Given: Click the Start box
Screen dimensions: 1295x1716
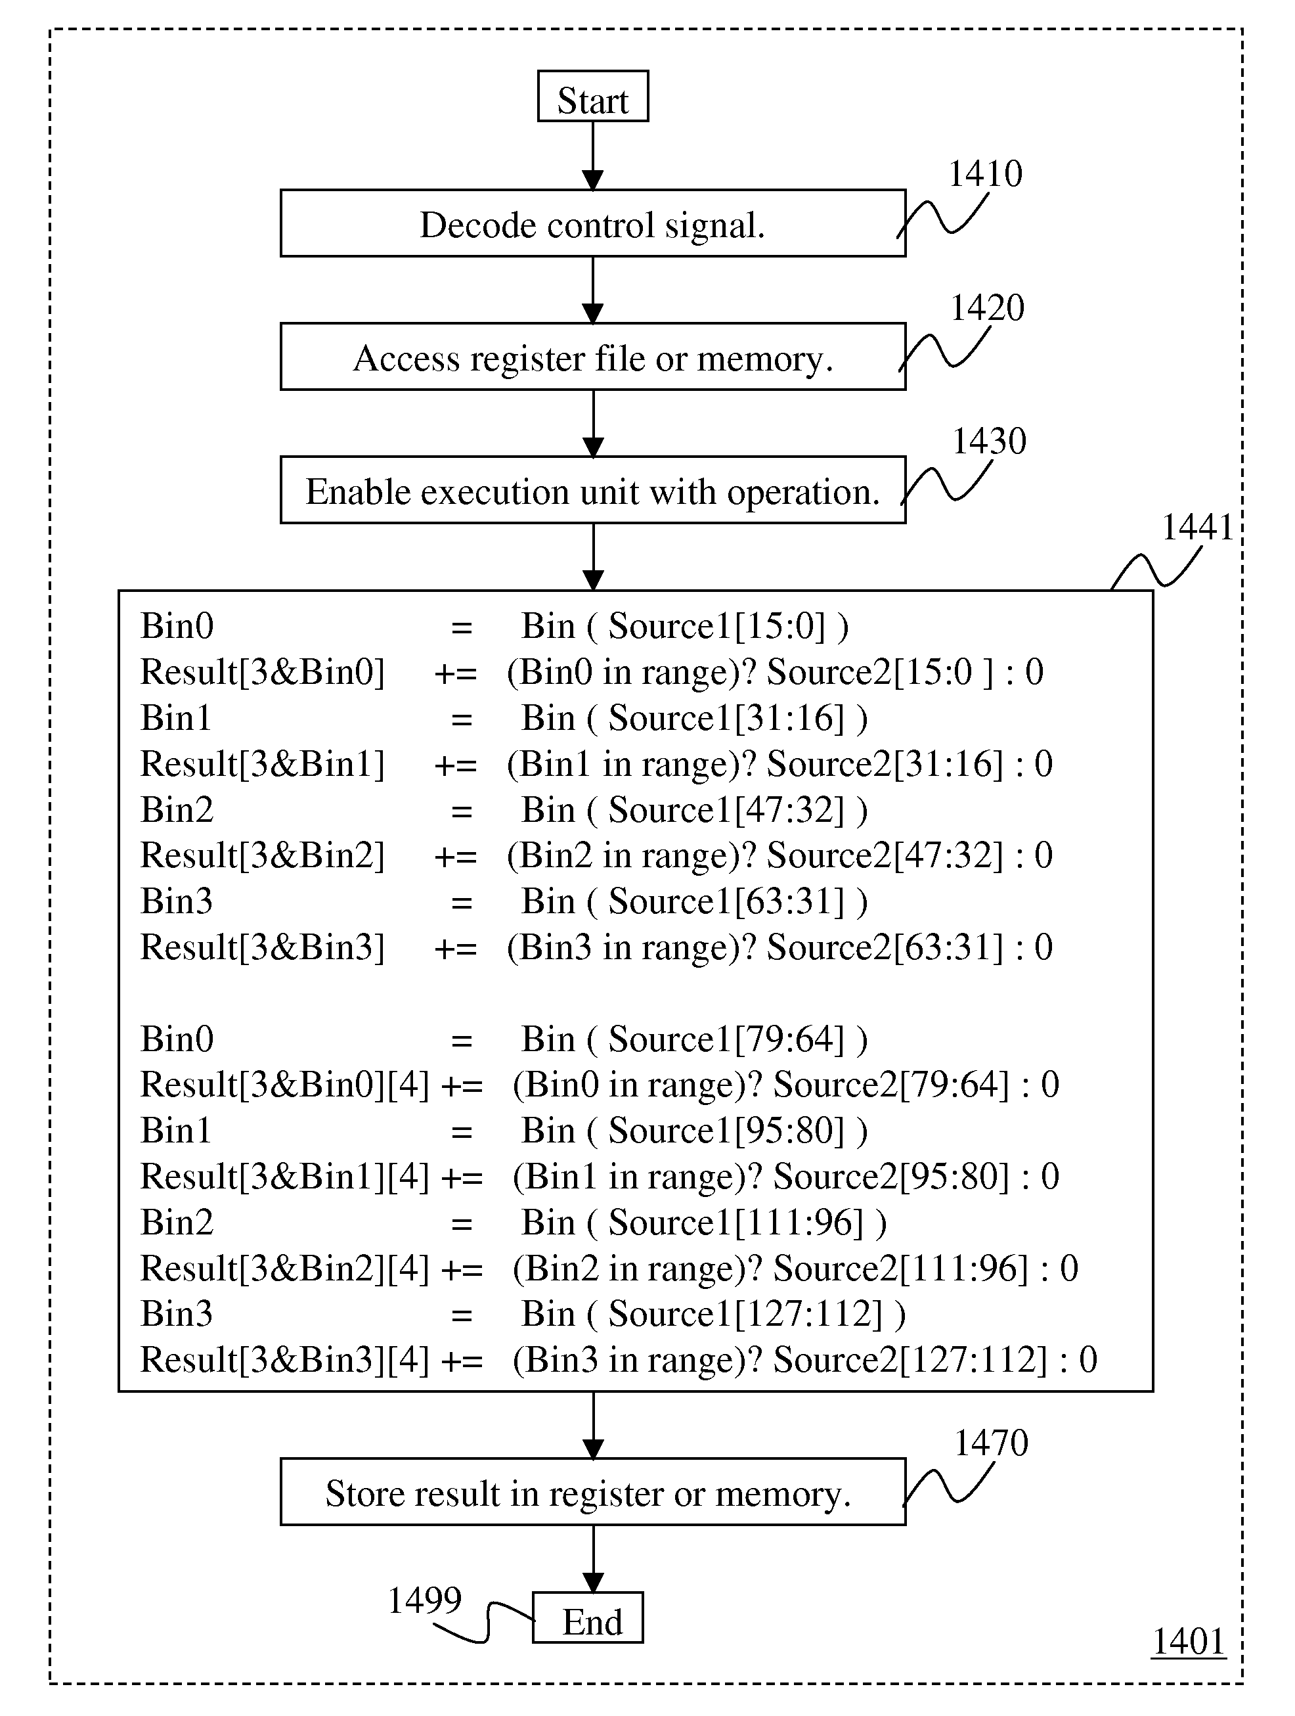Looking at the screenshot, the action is tap(593, 96).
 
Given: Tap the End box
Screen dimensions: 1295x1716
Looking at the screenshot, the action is tap(588, 1617).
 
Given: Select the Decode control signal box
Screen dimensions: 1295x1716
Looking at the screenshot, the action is tap(593, 223).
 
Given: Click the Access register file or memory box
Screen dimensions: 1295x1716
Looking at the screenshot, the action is tap(593, 357).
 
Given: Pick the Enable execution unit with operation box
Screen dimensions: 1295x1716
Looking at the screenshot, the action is tap(593, 490).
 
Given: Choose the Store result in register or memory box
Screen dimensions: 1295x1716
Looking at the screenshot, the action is tap(593, 1492).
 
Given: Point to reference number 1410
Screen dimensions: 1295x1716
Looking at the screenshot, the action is tap(986, 174).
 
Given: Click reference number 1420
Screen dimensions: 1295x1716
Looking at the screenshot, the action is tap(987, 308).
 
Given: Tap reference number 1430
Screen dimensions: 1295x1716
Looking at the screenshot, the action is tap(989, 441).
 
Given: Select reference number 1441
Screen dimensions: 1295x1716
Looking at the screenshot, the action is tap(1197, 528).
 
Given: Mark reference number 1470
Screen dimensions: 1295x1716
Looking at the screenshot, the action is tap(991, 1443).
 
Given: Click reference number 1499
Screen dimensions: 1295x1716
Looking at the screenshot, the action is tap(424, 1600).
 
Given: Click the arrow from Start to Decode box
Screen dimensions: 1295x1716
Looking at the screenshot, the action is tap(593, 156).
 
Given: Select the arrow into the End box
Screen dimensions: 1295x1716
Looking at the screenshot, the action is tap(593, 1559).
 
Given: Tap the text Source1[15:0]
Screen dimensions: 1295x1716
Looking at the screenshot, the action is tap(716, 626).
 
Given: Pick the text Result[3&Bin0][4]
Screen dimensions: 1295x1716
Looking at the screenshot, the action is tap(284, 1085).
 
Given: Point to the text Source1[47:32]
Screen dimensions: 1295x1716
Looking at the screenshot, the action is tap(726, 810).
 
